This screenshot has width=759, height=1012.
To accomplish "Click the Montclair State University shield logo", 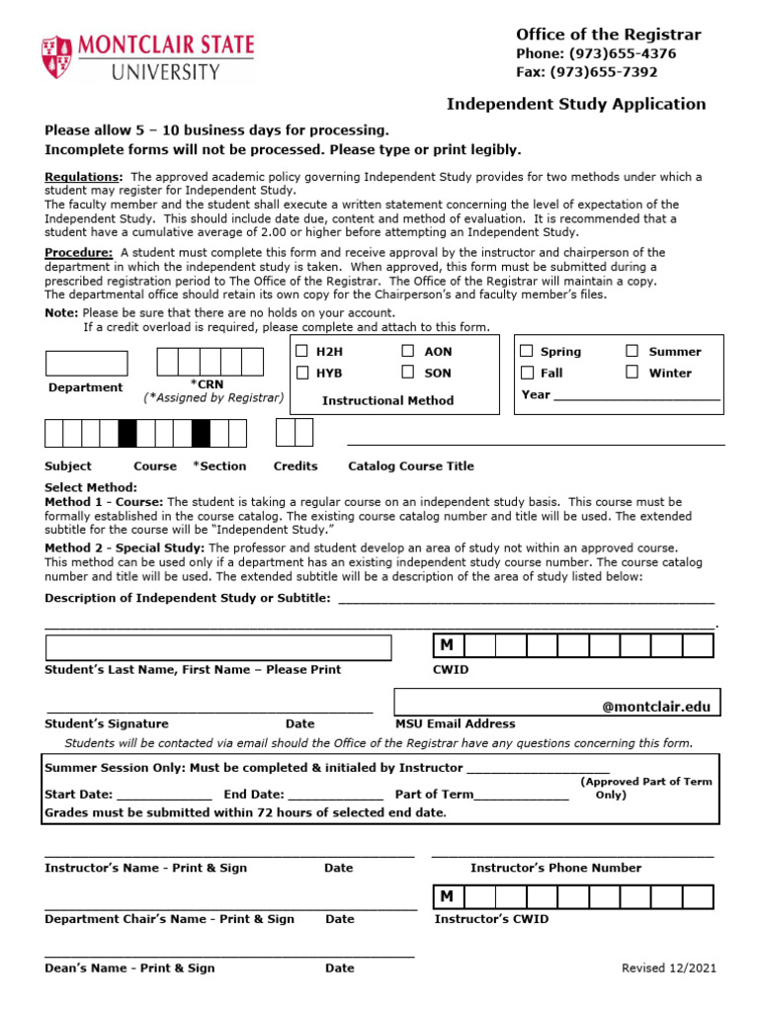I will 56,57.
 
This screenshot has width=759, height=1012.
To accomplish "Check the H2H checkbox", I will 302,351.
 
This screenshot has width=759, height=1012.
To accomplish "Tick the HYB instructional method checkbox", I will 302,373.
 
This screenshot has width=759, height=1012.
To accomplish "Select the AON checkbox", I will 408,351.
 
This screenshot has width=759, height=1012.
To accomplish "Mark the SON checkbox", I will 408,373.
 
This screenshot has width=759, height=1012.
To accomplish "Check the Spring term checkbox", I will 527,351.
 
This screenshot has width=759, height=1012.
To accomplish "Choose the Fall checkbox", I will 527,373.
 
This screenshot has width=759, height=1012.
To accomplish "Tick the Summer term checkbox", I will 632,351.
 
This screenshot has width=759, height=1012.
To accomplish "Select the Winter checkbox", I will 632,373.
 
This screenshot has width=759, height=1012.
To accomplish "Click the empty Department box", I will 87,363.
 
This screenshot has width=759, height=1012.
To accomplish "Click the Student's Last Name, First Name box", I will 218,647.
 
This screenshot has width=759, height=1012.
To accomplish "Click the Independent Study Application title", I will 576,104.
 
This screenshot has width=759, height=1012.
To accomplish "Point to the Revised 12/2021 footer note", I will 669,969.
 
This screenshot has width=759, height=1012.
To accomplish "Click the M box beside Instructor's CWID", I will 448,896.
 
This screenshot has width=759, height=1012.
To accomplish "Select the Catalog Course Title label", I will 411,465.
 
